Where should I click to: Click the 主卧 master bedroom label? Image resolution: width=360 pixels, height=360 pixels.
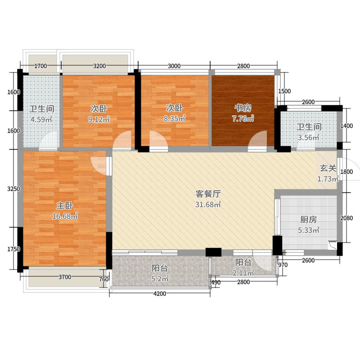(x=65, y=206)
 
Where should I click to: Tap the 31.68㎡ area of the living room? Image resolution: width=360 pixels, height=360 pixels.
(x=208, y=204)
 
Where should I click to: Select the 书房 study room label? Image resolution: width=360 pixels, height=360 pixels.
(x=243, y=108)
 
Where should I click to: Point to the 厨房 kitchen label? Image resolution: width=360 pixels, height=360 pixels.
(x=309, y=220)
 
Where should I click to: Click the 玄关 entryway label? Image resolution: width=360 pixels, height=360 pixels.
(x=328, y=168)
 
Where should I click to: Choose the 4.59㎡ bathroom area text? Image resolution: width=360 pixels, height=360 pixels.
(x=41, y=119)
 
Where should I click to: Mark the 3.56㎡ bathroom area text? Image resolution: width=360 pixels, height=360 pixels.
(x=309, y=138)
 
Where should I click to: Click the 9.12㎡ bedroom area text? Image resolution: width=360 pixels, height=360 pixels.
(x=99, y=119)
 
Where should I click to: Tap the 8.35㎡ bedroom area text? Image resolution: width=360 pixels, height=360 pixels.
(x=175, y=119)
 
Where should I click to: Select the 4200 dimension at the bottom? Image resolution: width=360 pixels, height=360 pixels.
(x=160, y=294)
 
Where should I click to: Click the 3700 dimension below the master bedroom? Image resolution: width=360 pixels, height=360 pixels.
(x=65, y=277)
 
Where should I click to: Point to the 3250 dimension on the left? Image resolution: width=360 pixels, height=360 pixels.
(x=13, y=189)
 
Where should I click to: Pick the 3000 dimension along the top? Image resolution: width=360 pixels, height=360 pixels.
(x=174, y=66)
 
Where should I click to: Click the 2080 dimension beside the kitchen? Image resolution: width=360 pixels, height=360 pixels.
(x=346, y=218)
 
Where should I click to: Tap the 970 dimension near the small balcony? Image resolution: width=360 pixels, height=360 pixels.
(x=283, y=265)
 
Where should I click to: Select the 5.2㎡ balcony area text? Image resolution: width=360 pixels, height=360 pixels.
(x=160, y=279)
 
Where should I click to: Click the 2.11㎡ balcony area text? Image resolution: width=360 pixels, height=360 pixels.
(x=243, y=273)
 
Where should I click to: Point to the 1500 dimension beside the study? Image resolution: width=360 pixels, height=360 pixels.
(x=284, y=91)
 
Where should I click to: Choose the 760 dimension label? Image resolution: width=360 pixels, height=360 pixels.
(x=104, y=279)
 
